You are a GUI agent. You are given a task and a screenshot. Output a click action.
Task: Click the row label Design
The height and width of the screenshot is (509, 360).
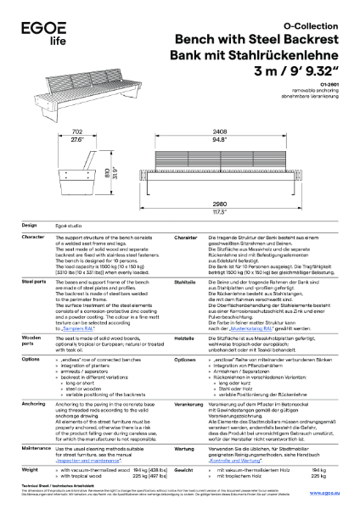click(x=28, y=225)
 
